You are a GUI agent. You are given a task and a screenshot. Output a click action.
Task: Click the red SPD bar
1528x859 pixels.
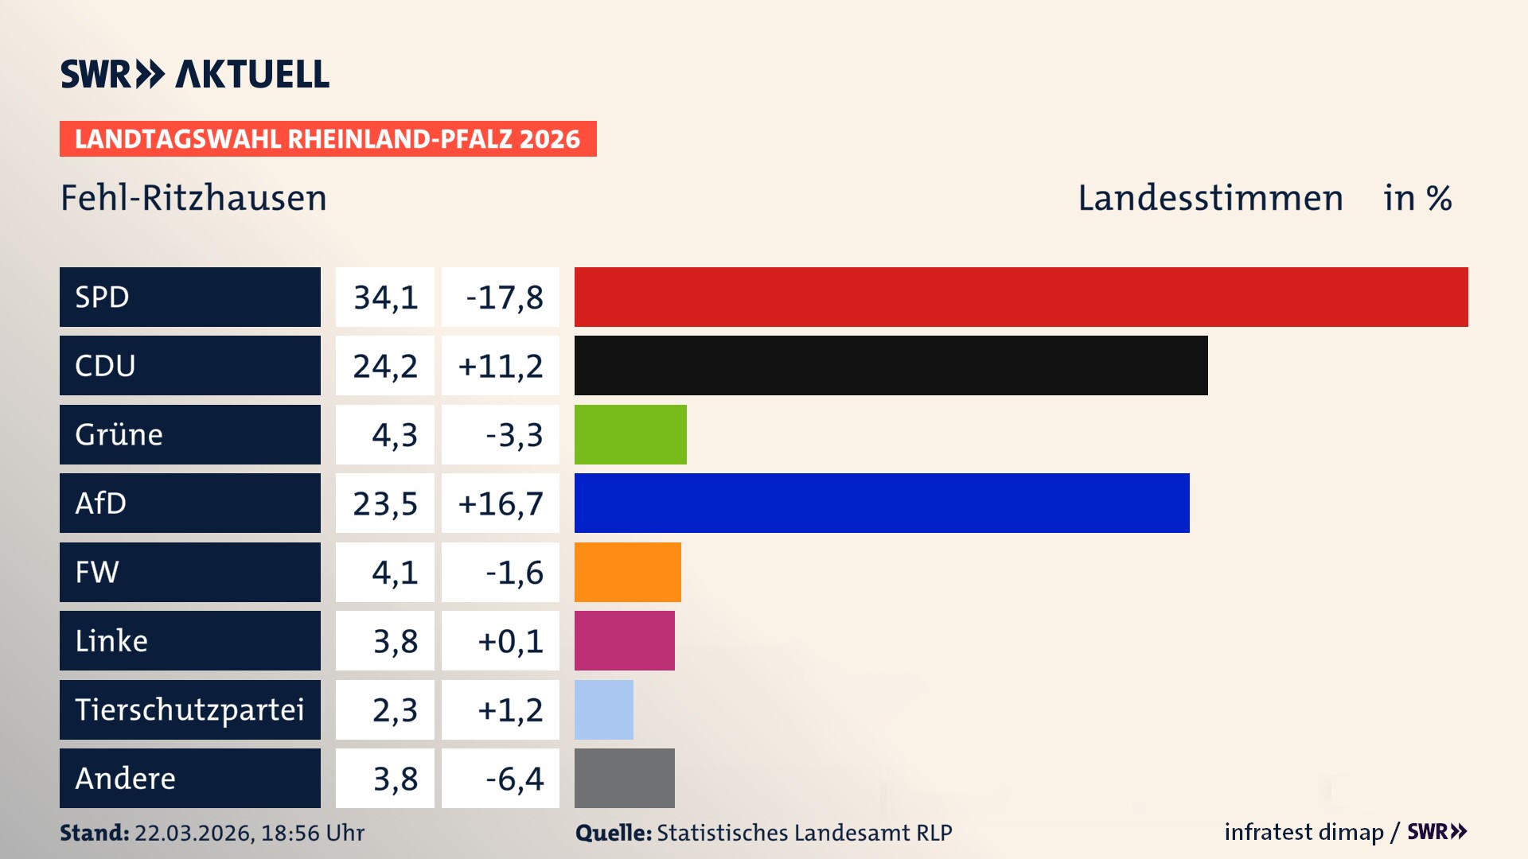click(1021, 297)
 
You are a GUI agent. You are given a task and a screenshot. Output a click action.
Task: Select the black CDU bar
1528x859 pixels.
click(891, 365)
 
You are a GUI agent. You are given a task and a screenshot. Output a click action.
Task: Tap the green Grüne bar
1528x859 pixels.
click(630, 434)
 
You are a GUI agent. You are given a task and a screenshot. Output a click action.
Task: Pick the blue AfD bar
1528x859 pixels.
click(882, 503)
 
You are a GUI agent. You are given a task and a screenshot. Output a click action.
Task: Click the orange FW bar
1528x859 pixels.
click(627, 572)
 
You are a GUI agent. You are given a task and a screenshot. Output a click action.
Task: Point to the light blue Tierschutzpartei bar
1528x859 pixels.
click(603, 709)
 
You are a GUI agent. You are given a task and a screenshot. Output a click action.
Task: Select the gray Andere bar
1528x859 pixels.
click(624, 778)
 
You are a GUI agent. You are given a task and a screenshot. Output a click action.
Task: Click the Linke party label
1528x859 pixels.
click(111, 640)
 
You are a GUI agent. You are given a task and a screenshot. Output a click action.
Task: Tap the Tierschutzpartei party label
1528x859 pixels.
click(189, 709)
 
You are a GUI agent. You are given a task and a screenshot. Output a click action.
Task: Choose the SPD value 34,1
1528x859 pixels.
click(385, 297)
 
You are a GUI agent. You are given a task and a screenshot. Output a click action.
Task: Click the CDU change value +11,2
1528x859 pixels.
click(501, 366)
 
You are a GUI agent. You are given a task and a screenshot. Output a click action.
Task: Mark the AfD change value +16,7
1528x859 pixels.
click(501, 503)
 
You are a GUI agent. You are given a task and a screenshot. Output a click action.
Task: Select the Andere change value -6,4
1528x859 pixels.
click(514, 779)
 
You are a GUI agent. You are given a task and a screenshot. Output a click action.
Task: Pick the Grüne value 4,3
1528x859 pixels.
click(394, 435)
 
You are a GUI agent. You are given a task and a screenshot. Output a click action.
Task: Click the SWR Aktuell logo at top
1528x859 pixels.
click(195, 74)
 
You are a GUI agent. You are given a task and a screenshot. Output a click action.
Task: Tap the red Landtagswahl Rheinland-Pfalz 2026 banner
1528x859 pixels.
click(328, 138)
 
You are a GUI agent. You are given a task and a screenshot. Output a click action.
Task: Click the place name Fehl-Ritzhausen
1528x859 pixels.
click(193, 198)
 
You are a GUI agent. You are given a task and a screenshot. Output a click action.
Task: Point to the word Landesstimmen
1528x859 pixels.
click(1210, 198)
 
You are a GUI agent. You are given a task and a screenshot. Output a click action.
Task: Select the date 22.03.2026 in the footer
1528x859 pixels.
click(194, 833)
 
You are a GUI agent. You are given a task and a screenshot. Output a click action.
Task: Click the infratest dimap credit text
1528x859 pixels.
click(1303, 832)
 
